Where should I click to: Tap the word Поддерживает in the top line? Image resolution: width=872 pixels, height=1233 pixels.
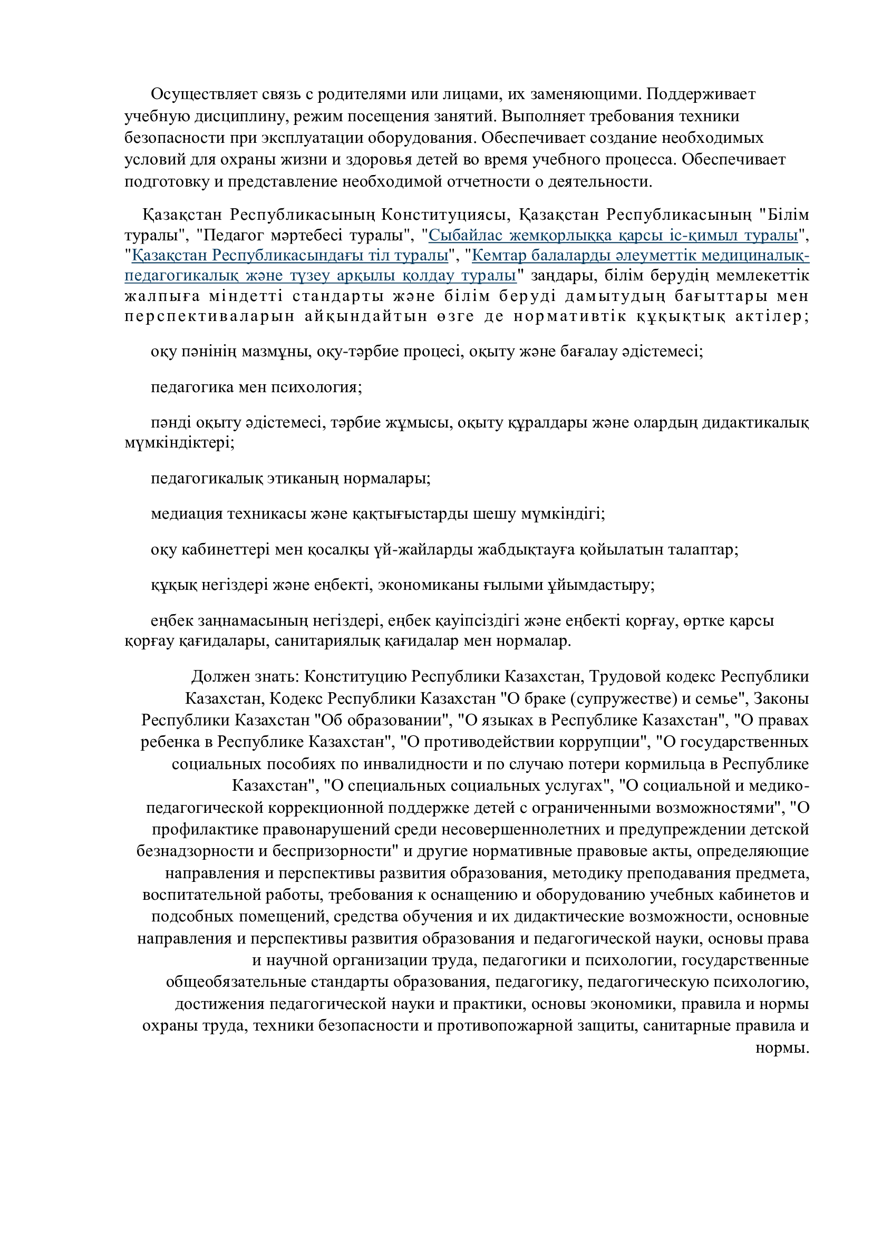tap(701, 94)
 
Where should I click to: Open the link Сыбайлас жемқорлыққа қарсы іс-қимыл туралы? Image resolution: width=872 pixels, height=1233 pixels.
tap(613, 235)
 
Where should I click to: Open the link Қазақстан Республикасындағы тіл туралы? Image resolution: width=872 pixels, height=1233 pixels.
tap(290, 256)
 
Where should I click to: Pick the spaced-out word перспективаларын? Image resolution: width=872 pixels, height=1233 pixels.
tap(209, 316)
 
